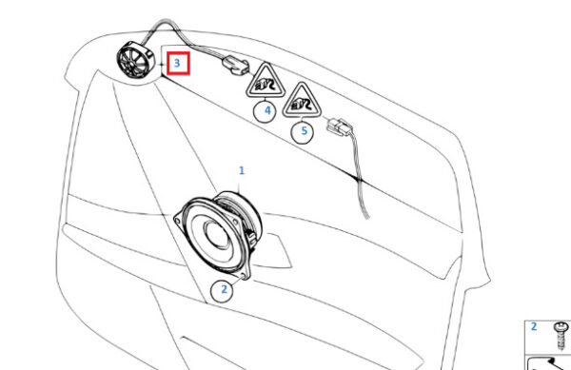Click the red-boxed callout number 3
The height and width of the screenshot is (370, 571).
coord(178,64)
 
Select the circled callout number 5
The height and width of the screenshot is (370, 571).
coord(303,131)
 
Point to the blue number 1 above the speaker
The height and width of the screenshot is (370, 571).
coord(242,170)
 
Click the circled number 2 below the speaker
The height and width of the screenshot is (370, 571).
coord(223,290)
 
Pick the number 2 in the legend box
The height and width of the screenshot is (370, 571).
coord(534,326)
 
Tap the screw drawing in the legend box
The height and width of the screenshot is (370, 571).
coord(561,336)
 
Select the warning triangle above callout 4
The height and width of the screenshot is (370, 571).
coord(266,81)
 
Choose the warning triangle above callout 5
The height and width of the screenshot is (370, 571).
coord(302,101)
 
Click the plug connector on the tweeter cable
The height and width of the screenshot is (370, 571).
coord(236,65)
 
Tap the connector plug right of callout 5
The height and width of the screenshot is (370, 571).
coord(339,127)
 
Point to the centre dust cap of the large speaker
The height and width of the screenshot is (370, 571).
coord(217,233)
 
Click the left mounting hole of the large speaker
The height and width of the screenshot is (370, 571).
coord(177,221)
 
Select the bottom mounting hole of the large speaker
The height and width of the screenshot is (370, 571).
coord(245,275)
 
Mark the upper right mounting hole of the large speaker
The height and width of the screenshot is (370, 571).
coord(236,222)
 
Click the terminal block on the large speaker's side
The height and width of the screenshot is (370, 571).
coord(250,237)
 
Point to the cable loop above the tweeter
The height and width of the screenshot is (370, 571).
coord(165,23)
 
